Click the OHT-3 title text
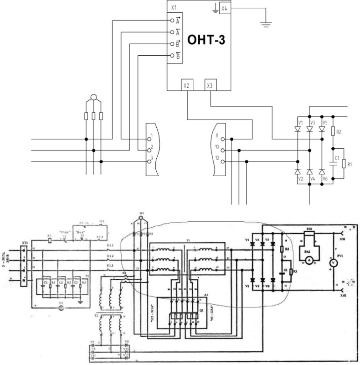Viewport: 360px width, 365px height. [x=206, y=41]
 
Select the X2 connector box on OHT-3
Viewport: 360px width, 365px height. [x=186, y=85]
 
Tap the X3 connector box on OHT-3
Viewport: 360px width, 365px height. [x=210, y=85]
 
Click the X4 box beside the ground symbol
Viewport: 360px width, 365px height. [x=224, y=8]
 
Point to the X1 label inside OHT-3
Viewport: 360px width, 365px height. [x=173, y=8]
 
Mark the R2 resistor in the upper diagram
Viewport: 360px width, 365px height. [x=333, y=132]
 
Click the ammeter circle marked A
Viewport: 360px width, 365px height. [x=309, y=259]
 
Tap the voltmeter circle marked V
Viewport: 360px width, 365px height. [x=333, y=263]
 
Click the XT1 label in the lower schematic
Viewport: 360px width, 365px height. [x=25, y=242]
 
